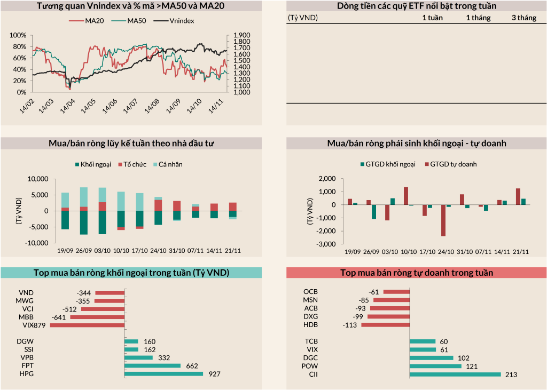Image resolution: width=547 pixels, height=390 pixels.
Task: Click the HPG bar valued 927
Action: coord(164,374)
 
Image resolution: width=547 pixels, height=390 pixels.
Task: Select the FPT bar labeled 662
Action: coord(153,365)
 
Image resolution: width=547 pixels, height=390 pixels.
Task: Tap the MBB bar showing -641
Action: coord(97,317)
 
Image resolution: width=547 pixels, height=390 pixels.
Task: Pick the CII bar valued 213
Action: coord(455,374)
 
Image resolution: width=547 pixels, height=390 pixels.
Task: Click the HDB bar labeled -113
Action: coord(386,324)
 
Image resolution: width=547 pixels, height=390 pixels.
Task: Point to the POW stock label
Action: coord(310,366)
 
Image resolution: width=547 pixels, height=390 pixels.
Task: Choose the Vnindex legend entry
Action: coord(174,21)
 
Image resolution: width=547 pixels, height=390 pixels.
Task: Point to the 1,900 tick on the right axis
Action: coord(242,35)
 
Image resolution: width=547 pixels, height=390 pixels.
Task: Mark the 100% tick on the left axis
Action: coord(18,35)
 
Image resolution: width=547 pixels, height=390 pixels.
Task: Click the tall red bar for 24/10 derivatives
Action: coord(443,220)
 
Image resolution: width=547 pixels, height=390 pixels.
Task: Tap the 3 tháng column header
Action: coord(523,18)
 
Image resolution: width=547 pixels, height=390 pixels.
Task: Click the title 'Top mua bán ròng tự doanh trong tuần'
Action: coord(417,273)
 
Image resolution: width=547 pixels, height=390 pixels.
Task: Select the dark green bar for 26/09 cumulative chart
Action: coord(84,222)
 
